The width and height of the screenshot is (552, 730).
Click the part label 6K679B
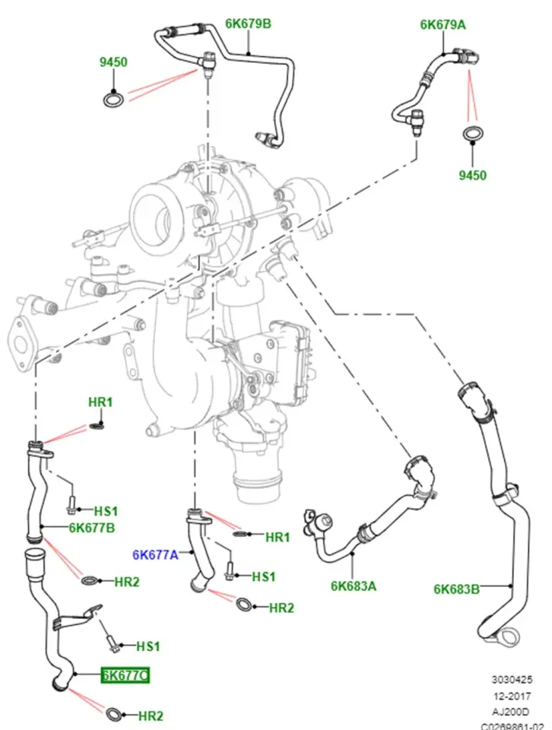coord(247,24)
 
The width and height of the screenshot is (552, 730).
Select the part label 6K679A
coord(443,24)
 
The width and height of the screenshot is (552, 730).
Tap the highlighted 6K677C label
coord(125,674)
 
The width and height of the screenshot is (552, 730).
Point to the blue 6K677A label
coord(154,556)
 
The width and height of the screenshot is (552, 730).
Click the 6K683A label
coord(354,586)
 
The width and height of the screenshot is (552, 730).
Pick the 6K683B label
coord(457,588)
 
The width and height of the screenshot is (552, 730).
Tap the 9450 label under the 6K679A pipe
coord(472,176)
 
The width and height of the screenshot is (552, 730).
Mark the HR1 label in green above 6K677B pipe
coord(100,401)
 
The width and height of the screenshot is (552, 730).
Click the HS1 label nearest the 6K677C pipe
coord(148,646)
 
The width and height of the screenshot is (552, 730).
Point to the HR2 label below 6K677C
coord(151,716)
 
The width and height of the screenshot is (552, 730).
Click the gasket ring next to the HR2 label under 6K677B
coord(89,582)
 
